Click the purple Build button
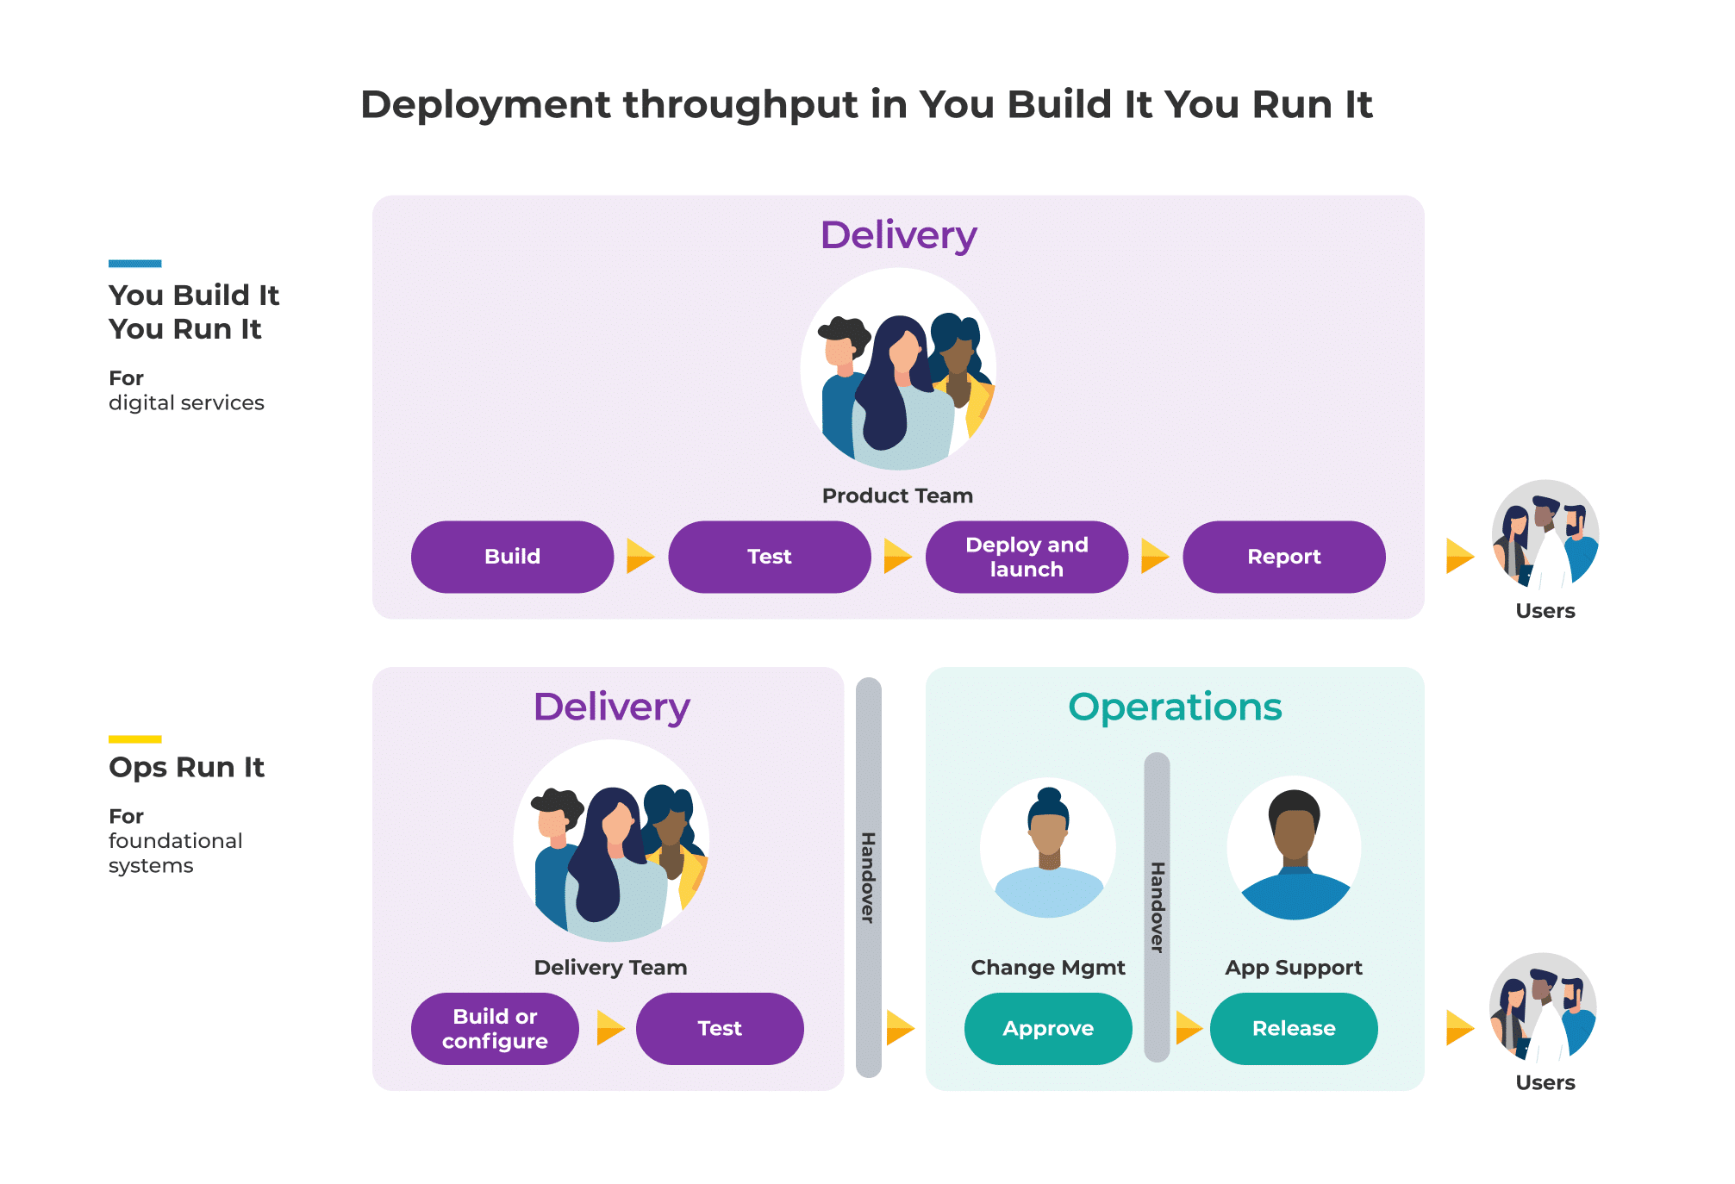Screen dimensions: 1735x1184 click(512, 557)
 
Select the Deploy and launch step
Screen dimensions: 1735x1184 click(1027, 557)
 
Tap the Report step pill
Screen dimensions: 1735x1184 click(1284, 557)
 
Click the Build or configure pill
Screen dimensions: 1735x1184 click(495, 1029)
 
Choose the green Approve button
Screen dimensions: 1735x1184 click(1048, 1029)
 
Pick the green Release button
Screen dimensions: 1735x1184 click(1294, 1029)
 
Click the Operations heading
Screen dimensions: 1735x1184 click(1175, 707)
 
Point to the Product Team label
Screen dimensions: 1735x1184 click(897, 495)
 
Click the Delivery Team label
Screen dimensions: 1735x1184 click(610, 968)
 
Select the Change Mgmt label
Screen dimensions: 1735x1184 click(1048, 968)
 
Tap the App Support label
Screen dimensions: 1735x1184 click(1294, 968)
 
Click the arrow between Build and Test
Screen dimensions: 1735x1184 click(640, 556)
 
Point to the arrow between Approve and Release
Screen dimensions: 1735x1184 click(1189, 1027)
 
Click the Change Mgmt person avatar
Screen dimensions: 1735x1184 click(1048, 848)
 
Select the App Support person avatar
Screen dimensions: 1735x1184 click(1294, 848)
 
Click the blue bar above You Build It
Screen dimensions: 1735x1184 click(135, 264)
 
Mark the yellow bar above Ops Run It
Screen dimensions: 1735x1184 click(135, 739)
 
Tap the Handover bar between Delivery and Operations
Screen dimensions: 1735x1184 click(869, 877)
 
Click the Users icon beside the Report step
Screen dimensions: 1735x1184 click(1545, 534)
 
